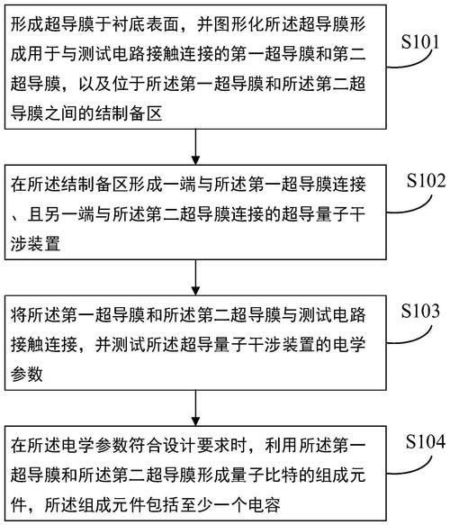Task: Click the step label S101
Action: coord(420,41)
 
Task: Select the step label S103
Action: coord(420,311)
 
